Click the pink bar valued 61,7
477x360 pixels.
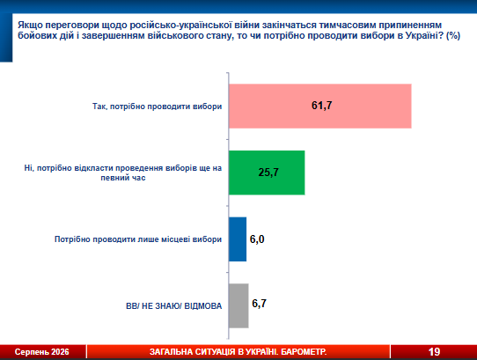[320, 106]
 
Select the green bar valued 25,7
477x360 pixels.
[267, 173]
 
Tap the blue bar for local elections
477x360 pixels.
[238, 239]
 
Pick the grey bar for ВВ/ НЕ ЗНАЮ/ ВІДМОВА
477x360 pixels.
[238, 305]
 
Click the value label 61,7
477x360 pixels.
[321, 106]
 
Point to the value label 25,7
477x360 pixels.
[268, 173]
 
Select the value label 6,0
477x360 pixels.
[257, 239]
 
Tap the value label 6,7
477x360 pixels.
[260, 304]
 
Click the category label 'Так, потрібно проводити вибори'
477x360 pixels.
[157, 107]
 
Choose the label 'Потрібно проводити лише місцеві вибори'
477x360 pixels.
[138, 239]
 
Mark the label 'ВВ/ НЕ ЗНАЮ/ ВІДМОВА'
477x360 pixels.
[173, 305]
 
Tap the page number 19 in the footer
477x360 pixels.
[434, 352]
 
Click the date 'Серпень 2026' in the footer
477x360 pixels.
[42, 352]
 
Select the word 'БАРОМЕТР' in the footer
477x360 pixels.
[304, 352]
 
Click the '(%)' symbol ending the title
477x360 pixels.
[453, 35]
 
